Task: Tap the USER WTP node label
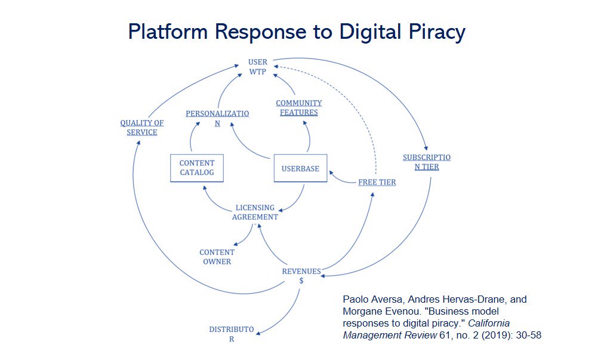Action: coord(258,67)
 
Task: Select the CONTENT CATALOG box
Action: coord(196,168)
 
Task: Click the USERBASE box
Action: coord(300,168)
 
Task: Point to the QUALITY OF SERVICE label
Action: coord(141,128)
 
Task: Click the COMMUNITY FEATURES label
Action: coord(298,107)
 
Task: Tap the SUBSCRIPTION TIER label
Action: coord(427,162)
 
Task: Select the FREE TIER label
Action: coord(377,182)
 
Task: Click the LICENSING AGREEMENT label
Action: coord(255,213)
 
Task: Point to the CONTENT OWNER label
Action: coord(217,257)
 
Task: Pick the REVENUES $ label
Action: coord(301,275)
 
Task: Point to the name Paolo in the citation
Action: coord(356,299)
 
